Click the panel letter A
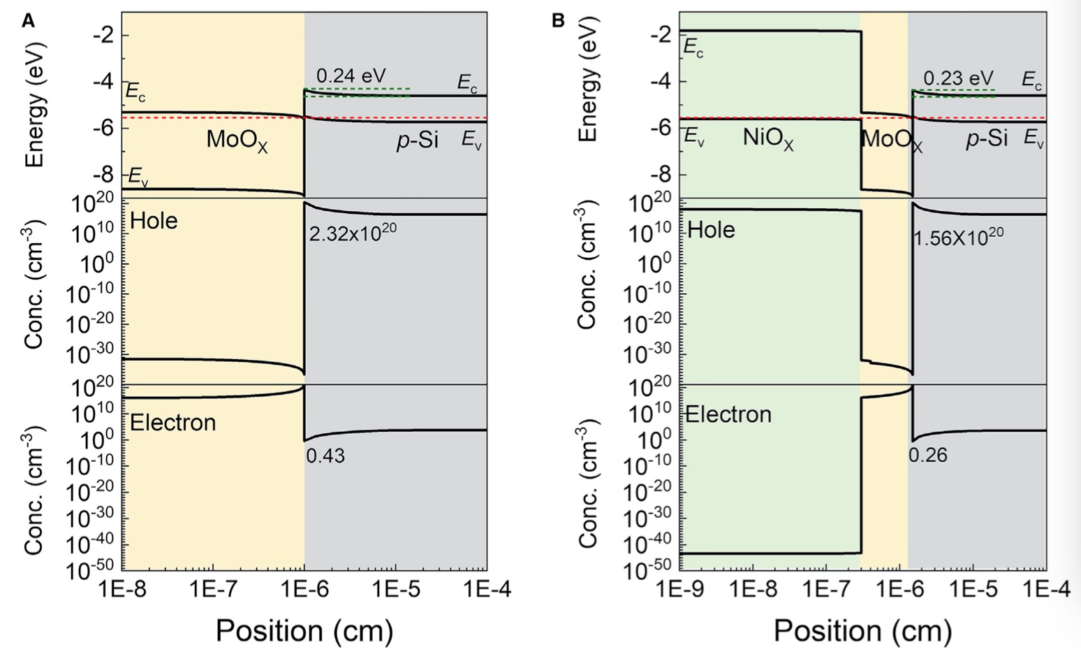[28, 20]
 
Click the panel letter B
[558, 20]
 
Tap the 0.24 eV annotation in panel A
[351, 75]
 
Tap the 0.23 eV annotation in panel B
[958, 78]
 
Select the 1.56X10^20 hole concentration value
[958, 236]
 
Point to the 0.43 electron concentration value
[325, 456]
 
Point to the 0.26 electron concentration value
[927, 456]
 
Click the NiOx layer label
[767, 138]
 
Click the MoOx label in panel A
[237, 141]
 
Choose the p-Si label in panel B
[987, 140]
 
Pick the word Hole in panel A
[154, 221]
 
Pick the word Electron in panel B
[728, 414]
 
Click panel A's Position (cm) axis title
[304, 630]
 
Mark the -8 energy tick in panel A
[102, 173]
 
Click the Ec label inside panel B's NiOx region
[693, 48]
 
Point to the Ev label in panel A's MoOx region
[138, 179]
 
